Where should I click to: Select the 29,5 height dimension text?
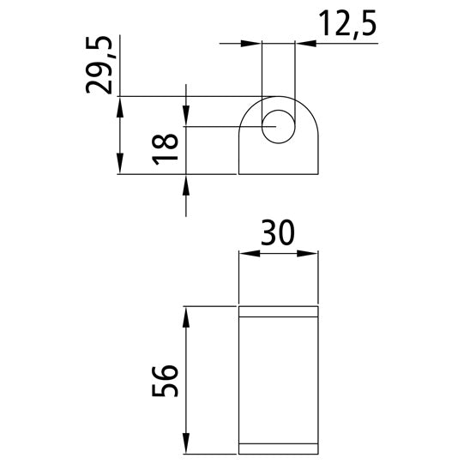tap(102, 65)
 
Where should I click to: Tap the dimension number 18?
tap(166, 151)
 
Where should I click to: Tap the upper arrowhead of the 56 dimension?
tap(184, 314)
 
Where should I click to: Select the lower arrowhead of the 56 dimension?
tap(184, 448)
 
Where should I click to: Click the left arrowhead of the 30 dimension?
tap(245, 253)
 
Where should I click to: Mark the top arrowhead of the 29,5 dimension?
tap(120, 103)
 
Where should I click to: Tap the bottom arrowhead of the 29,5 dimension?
tap(120, 168)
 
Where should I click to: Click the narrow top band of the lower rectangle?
tap(278, 311)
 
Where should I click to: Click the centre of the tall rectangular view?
tap(278, 381)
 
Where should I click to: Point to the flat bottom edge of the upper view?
tap(278, 175)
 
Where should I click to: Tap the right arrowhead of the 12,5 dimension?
tap(302, 42)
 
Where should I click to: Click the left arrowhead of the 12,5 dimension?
tap(255, 42)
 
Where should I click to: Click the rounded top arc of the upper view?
tap(278, 96)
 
